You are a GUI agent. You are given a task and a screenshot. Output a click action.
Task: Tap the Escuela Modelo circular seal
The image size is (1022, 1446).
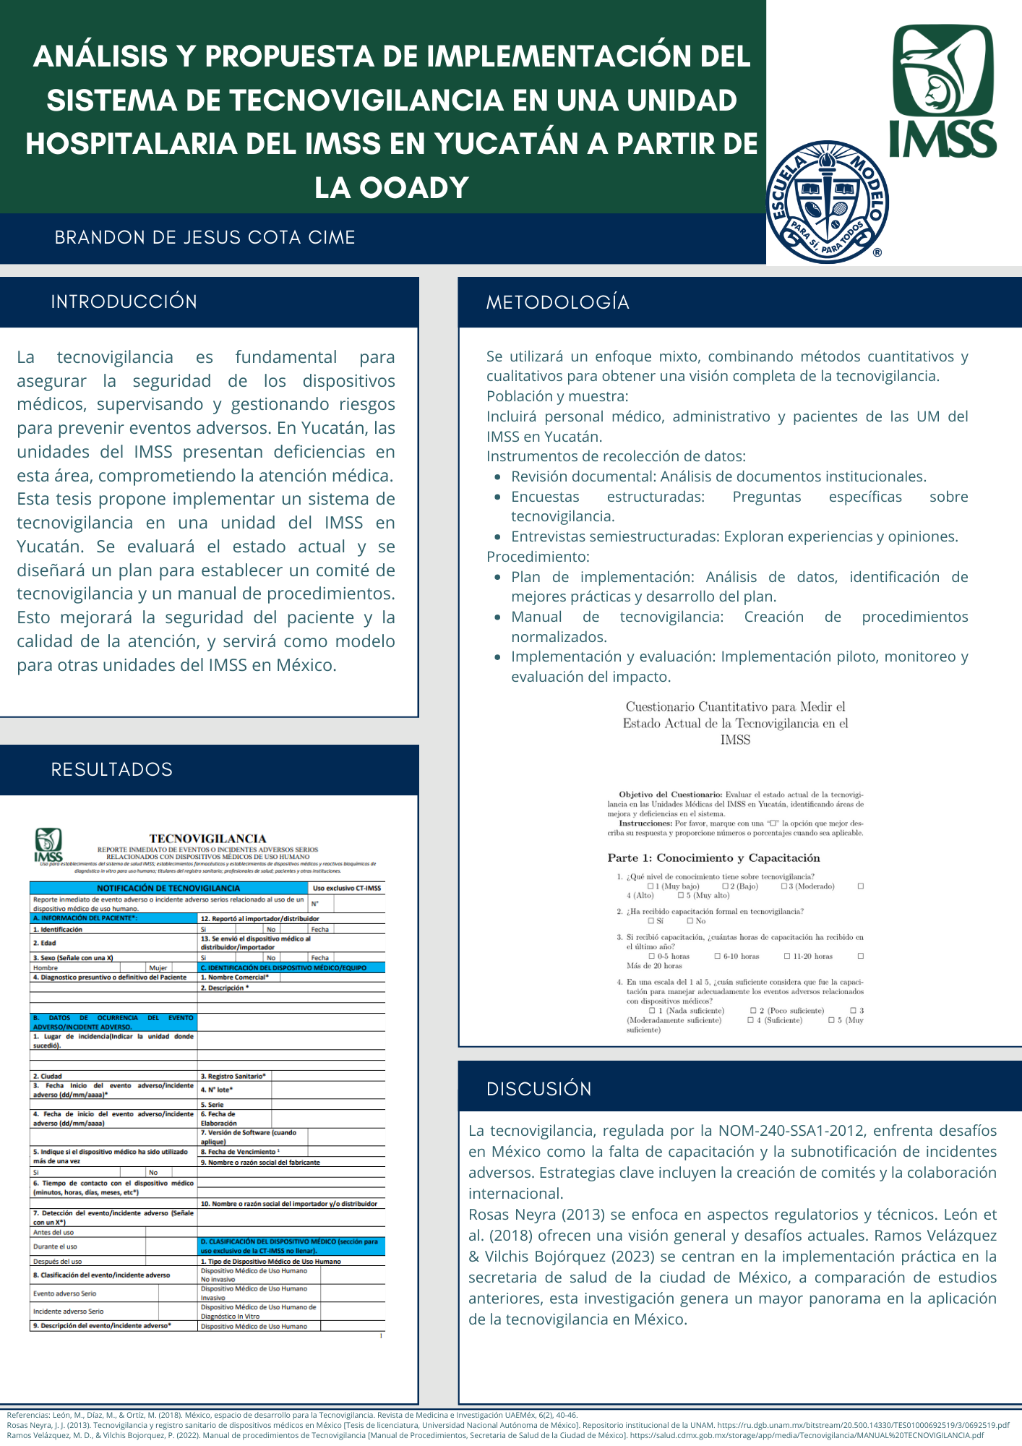(827, 202)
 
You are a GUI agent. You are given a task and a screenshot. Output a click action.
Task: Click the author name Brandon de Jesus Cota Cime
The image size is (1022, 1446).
(205, 238)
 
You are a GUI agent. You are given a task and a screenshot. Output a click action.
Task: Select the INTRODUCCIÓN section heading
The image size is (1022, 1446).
(124, 301)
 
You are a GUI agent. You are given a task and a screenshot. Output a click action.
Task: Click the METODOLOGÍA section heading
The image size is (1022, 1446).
(557, 302)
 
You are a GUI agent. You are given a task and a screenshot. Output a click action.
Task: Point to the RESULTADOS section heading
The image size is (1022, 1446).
(111, 769)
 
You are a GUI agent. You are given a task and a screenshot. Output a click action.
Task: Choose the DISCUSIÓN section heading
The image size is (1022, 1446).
(538, 1089)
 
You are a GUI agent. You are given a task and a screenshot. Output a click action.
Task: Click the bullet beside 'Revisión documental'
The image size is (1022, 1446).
(497, 477)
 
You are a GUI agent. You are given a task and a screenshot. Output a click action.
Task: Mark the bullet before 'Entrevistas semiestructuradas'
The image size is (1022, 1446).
(497, 537)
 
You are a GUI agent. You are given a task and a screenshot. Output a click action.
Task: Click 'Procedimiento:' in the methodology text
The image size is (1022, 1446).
(538, 557)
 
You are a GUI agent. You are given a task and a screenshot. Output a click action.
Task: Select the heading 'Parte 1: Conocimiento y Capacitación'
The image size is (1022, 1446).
(713, 858)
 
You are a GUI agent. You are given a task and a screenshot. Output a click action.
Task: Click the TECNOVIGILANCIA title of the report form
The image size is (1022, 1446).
(207, 839)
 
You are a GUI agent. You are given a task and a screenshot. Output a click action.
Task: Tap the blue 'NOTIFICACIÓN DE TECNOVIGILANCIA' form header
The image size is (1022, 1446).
(168, 888)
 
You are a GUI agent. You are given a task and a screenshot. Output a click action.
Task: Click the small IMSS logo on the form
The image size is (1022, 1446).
(48, 844)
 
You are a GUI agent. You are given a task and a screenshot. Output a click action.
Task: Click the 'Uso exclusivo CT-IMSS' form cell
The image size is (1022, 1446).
(346, 888)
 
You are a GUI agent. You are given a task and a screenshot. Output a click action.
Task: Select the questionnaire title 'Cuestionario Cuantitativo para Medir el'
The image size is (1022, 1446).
(735, 706)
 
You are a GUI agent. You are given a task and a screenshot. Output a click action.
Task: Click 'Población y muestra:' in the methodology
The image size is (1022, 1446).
(557, 396)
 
